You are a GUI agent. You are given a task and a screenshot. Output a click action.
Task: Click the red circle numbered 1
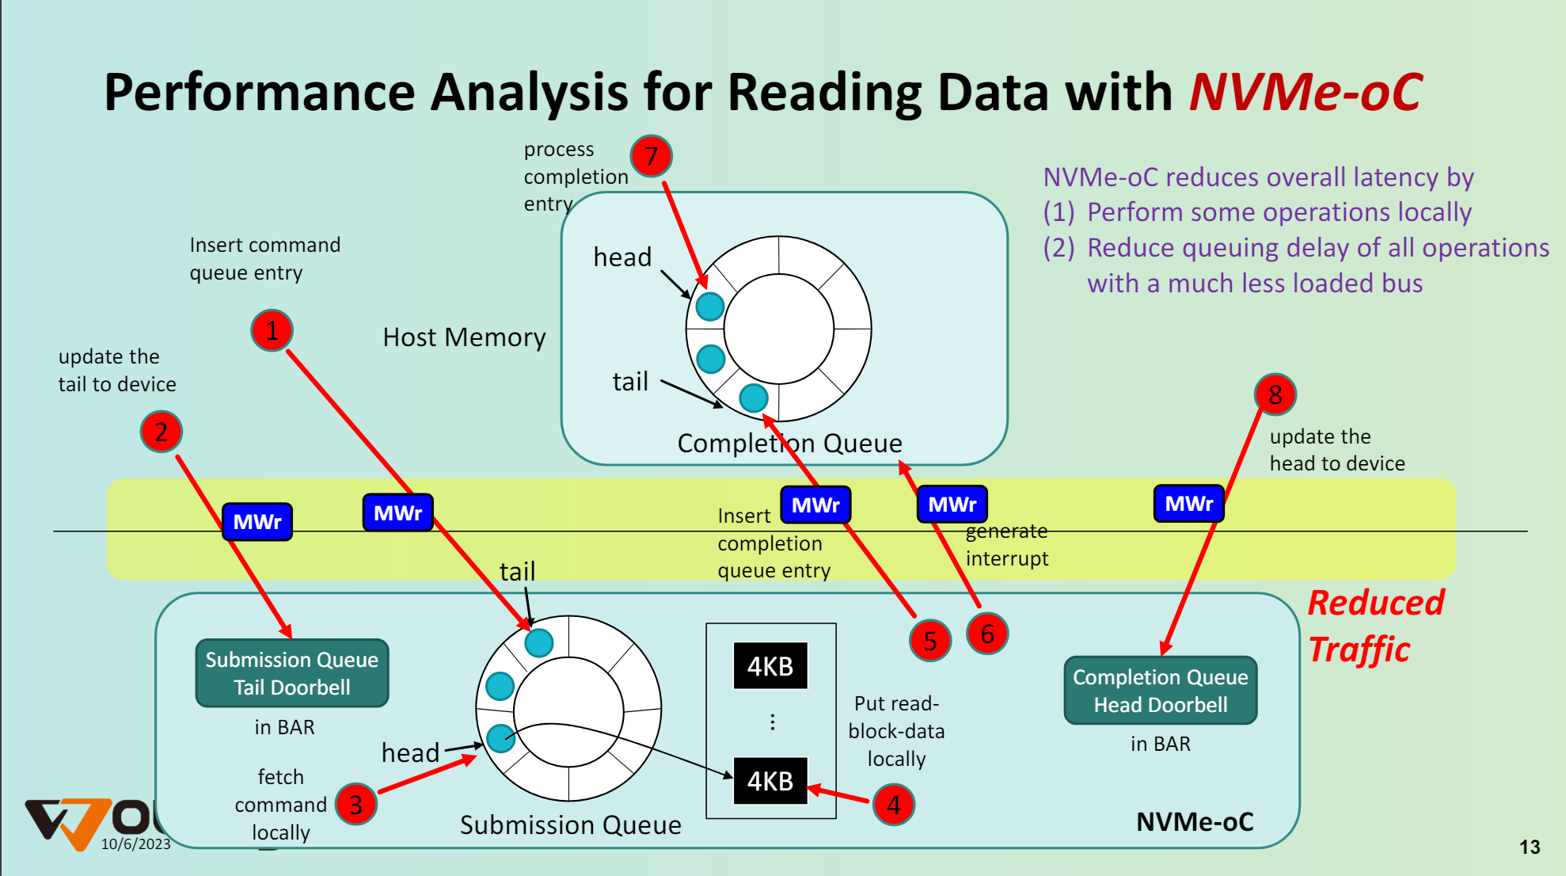point(272,331)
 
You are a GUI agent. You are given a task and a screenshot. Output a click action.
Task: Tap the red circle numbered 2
point(162,432)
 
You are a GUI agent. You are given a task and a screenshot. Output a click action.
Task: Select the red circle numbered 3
point(355,805)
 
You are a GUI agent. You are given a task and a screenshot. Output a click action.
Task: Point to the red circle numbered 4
point(894,805)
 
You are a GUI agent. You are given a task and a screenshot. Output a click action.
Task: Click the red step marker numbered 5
point(930,641)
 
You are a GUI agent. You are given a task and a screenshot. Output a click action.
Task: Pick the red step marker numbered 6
point(987,634)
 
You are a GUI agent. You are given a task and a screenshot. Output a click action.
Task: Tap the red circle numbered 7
point(651,156)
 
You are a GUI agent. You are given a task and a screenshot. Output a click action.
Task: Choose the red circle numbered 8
point(1275,394)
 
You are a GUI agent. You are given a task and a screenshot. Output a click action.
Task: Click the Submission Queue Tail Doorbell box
point(292,673)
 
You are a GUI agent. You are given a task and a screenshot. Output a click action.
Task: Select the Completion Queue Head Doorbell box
point(1160,691)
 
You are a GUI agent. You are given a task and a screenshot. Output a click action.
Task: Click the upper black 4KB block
point(770,666)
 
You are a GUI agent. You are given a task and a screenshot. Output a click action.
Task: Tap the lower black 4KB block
point(770,781)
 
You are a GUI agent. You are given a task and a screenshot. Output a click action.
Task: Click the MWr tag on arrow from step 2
point(257,522)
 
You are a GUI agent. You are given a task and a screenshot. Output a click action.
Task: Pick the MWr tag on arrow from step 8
point(1188,504)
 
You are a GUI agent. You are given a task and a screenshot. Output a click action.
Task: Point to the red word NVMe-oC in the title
point(1306,92)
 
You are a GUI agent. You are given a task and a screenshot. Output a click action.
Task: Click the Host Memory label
point(464,337)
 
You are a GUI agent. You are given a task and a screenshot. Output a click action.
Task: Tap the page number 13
point(1530,847)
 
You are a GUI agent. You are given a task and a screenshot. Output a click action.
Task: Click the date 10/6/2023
point(136,844)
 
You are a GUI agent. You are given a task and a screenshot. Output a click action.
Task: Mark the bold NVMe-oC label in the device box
point(1195,822)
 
